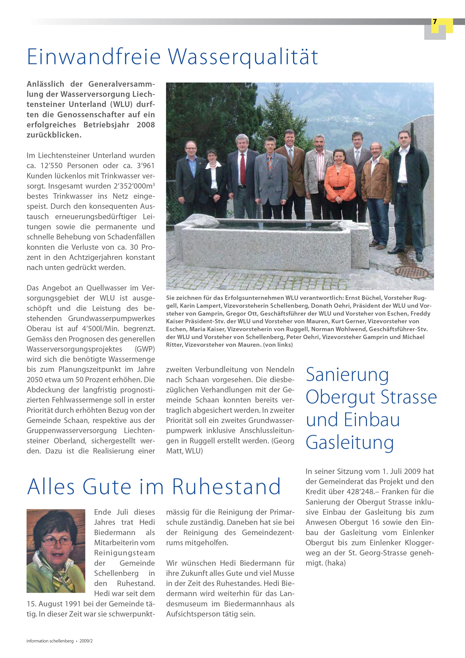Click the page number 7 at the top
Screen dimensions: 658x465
pyautogui.click(x=435, y=22)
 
